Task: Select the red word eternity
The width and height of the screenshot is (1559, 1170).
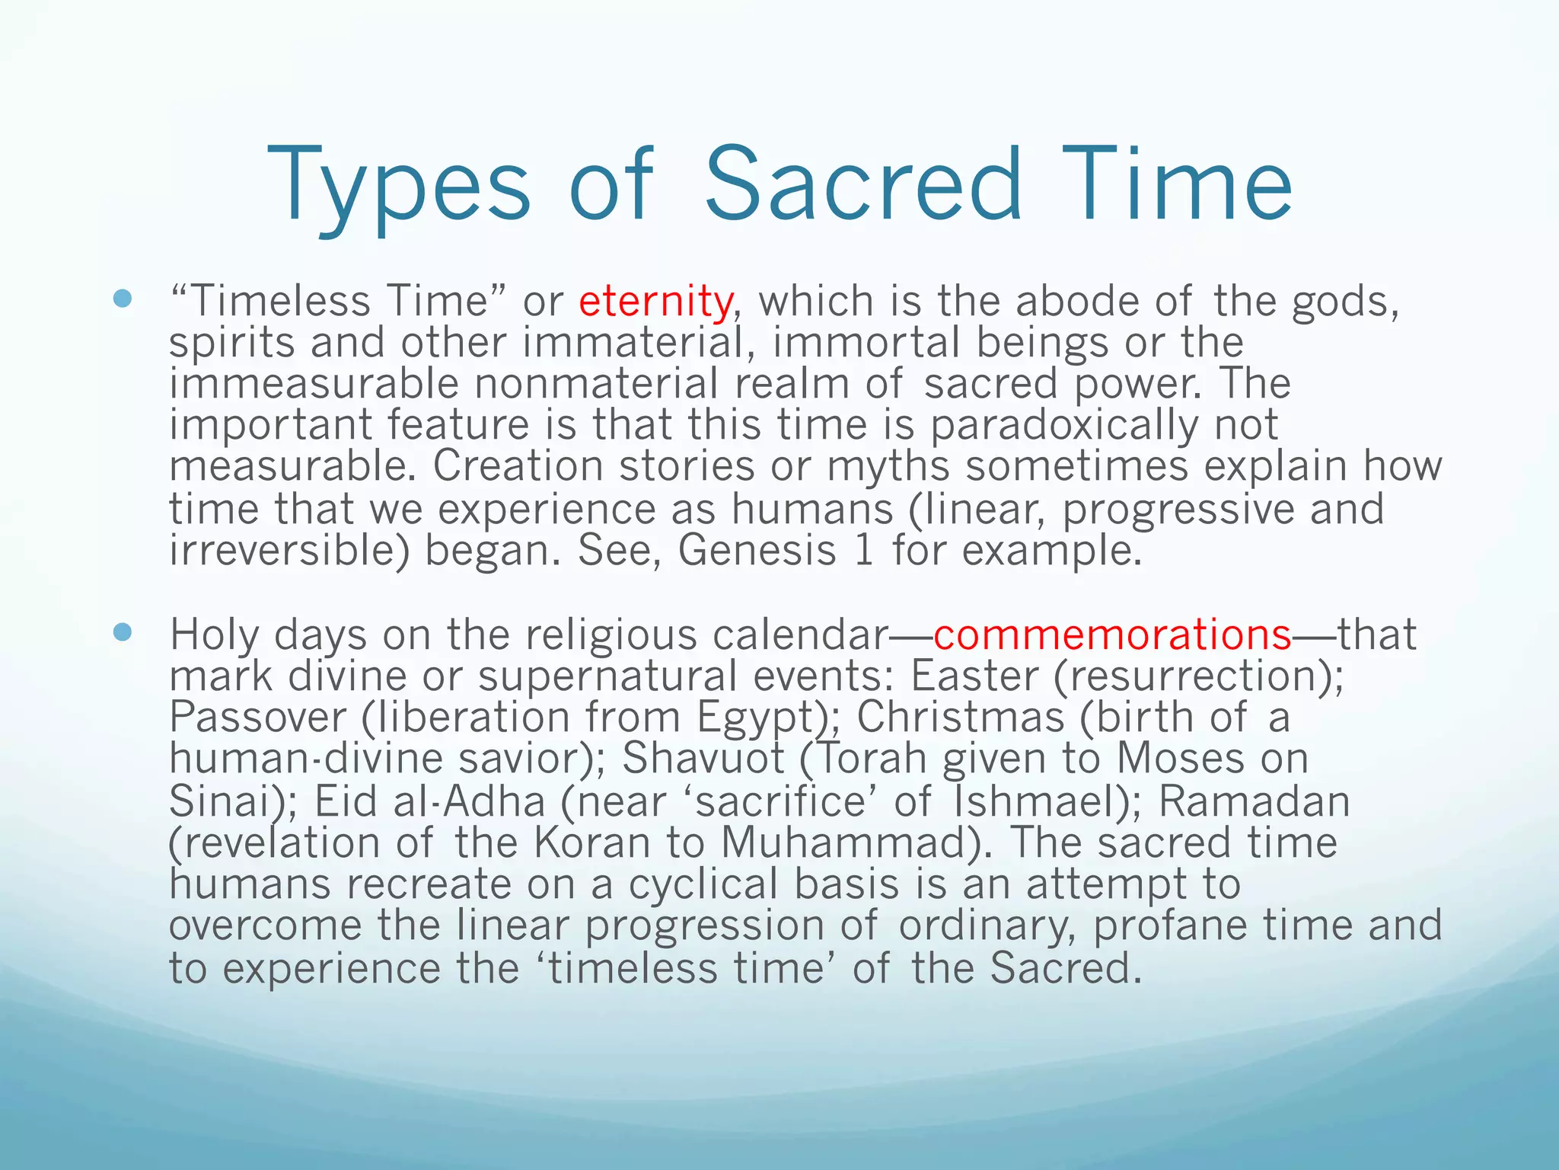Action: pyautogui.click(x=655, y=301)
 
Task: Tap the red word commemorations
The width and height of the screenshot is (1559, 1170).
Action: pyautogui.click(x=1112, y=635)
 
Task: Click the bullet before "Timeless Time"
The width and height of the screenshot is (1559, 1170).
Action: pyautogui.click(x=122, y=299)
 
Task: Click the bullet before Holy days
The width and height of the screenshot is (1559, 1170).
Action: pyautogui.click(x=122, y=631)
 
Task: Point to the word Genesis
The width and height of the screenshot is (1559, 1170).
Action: pyautogui.click(x=757, y=550)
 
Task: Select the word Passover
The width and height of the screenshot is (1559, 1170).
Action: pyautogui.click(x=257, y=718)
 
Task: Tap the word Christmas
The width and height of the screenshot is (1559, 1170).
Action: pyautogui.click(x=960, y=718)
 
